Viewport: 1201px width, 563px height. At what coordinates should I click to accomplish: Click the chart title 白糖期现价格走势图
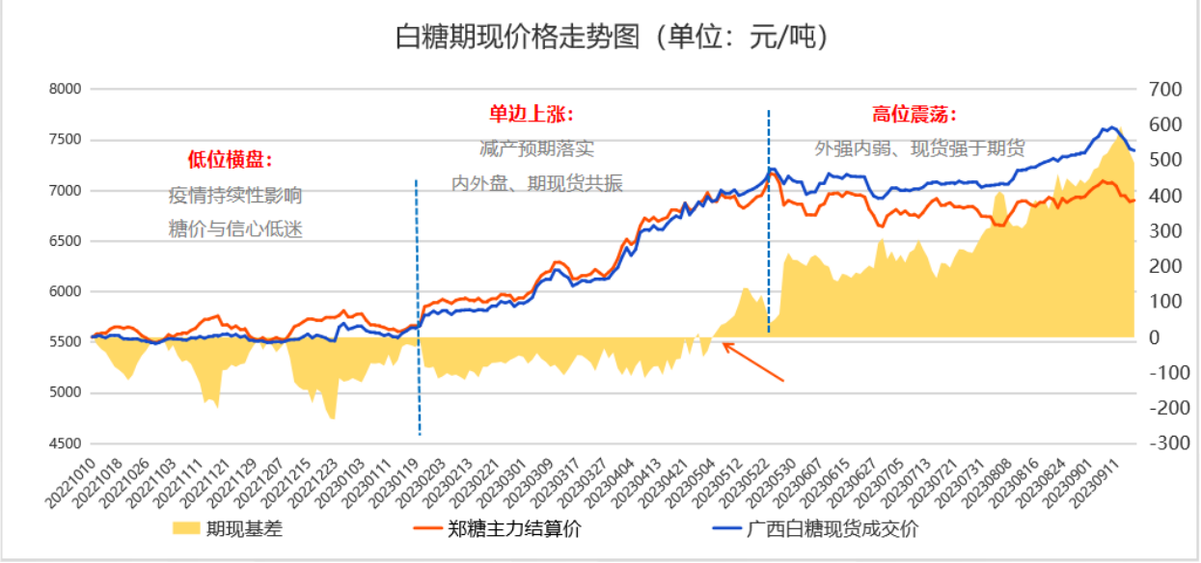click(613, 38)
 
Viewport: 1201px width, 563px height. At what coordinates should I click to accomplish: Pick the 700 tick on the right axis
click(1165, 89)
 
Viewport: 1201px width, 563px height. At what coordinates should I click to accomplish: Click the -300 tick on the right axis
click(1161, 443)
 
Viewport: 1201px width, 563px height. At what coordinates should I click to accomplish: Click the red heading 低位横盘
click(231, 159)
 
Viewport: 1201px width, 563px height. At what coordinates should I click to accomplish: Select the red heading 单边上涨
click(531, 115)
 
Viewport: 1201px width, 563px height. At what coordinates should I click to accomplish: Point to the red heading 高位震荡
click(914, 115)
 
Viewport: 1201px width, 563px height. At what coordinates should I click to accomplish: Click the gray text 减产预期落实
click(536, 149)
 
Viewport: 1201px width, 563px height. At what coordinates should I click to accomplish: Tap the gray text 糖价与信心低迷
click(235, 229)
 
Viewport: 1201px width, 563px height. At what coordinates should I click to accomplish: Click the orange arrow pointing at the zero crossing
click(753, 362)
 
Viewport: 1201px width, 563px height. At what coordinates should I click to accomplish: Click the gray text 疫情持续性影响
click(235, 196)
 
